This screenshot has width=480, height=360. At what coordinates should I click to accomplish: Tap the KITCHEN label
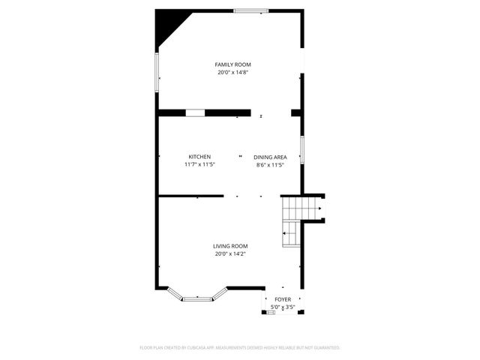pyautogui.click(x=199, y=157)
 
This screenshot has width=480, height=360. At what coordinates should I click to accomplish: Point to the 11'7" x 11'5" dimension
pyautogui.click(x=199, y=164)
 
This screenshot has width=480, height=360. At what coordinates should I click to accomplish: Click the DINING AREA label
pyautogui.click(x=270, y=157)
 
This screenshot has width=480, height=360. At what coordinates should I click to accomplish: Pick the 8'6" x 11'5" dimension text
pyautogui.click(x=270, y=164)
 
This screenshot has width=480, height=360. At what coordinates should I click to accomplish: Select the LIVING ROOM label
pyautogui.click(x=230, y=246)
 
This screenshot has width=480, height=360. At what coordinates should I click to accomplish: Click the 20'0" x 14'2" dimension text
pyautogui.click(x=230, y=253)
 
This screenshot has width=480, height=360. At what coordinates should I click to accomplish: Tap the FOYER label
pyautogui.click(x=283, y=299)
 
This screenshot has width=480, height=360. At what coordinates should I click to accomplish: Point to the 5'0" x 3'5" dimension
pyautogui.click(x=283, y=307)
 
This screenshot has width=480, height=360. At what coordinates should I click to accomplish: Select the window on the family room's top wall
pyautogui.click(x=251, y=10)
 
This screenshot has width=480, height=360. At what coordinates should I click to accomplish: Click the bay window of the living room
pyautogui.click(x=197, y=298)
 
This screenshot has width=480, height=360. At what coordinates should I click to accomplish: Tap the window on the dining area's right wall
pyautogui.click(x=301, y=149)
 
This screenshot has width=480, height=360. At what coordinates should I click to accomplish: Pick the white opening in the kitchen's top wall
pyautogui.click(x=195, y=112)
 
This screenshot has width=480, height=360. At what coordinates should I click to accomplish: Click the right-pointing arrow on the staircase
pyautogui.click(x=320, y=208)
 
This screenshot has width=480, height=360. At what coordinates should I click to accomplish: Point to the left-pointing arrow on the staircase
pyautogui.click(x=285, y=233)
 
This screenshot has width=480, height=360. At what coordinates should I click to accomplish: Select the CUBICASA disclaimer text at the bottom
pyautogui.click(x=240, y=348)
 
